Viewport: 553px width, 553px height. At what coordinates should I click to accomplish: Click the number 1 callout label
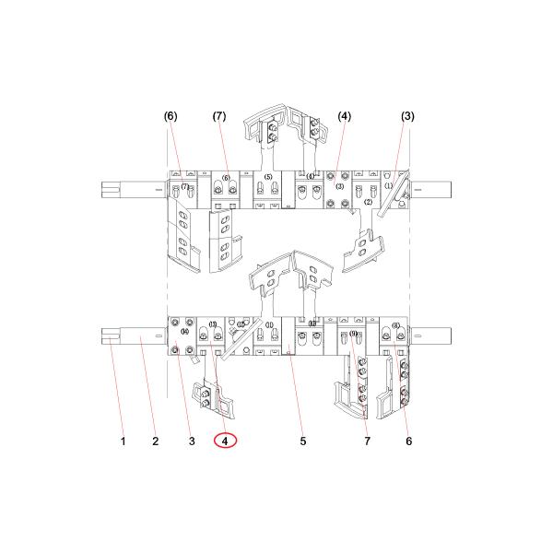point(123,441)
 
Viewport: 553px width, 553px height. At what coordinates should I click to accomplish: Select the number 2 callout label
point(155,441)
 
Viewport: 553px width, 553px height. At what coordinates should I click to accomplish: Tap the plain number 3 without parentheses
point(192,441)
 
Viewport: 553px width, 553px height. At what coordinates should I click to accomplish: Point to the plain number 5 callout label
point(302,441)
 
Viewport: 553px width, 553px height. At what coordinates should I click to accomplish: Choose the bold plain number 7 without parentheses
point(366,441)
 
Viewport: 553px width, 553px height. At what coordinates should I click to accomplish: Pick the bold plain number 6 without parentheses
point(408,441)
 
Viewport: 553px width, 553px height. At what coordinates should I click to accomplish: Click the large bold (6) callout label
point(171,116)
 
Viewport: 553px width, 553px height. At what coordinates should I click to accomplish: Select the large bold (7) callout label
point(219,116)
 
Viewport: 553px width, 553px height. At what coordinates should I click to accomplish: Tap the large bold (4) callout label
point(344,116)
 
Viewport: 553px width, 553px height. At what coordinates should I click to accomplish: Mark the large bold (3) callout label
point(407,116)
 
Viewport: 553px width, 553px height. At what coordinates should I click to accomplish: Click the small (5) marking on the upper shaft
point(267,177)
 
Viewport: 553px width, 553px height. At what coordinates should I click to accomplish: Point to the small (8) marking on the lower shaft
point(395,325)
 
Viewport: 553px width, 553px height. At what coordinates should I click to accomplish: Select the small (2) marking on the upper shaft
point(367,201)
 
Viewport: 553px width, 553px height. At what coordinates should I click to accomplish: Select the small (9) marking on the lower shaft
point(354,334)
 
